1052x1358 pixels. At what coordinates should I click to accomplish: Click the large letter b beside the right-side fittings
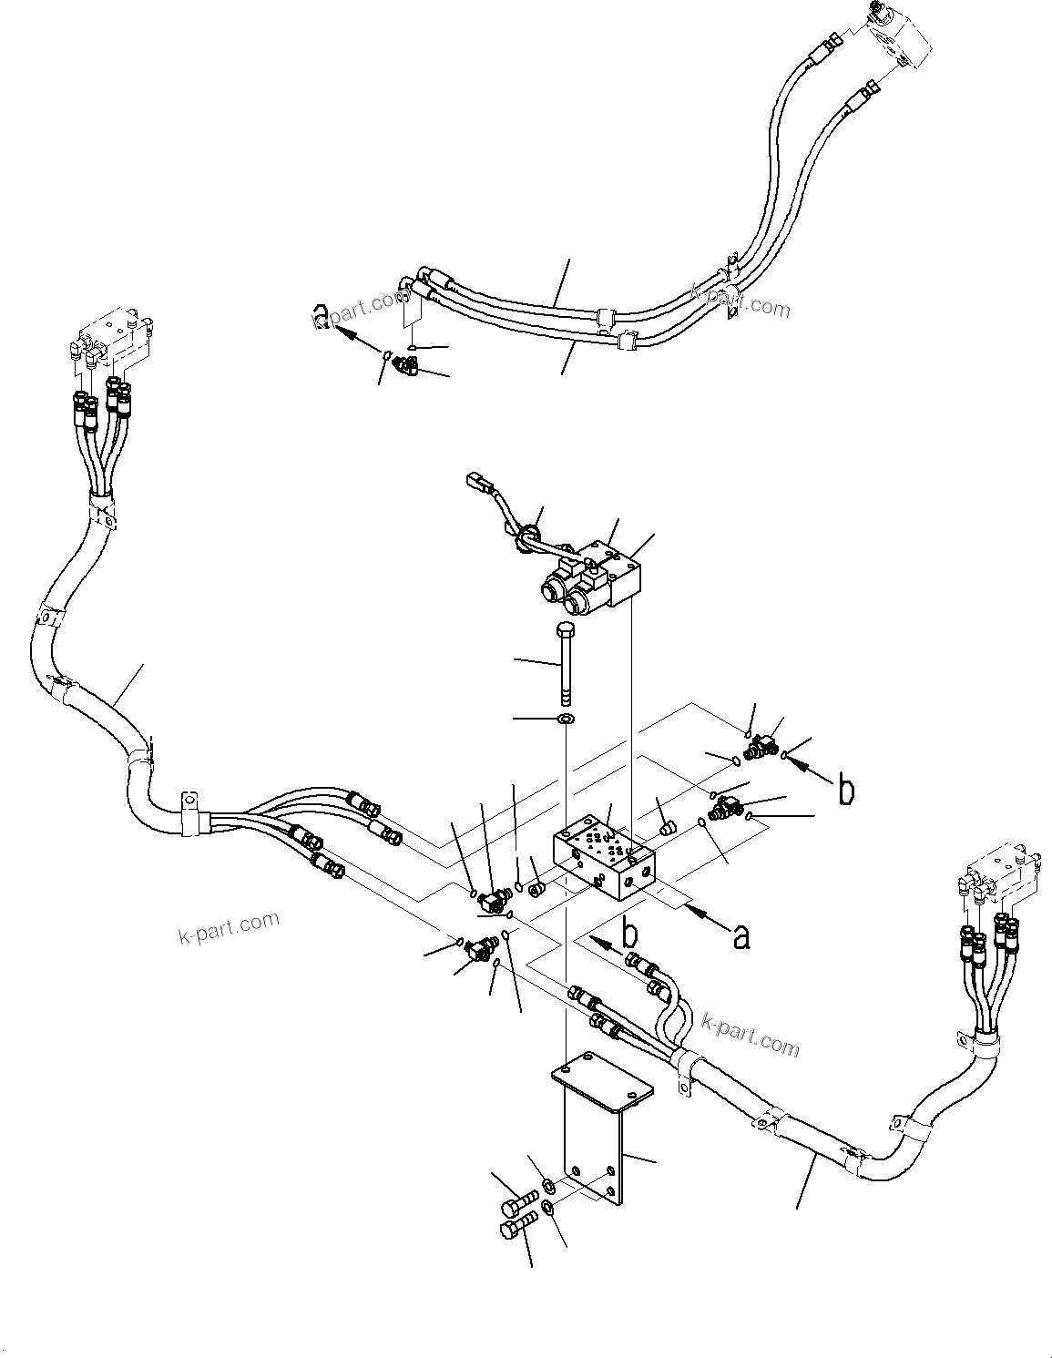click(x=845, y=791)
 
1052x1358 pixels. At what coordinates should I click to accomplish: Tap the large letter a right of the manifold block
click(x=741, y=935)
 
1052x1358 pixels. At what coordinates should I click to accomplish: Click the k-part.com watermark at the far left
click(x=229, y=928)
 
